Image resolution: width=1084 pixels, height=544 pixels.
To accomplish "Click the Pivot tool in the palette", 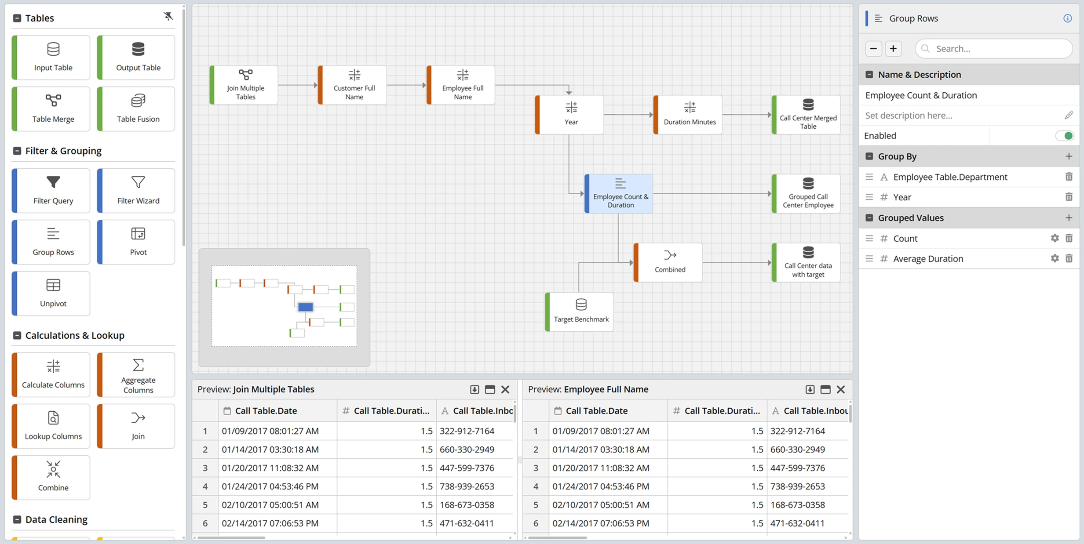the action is [x=136, y=242].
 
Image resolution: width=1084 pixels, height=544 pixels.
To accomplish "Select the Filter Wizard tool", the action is [x=136, y=191].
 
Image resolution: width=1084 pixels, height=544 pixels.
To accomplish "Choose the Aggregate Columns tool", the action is [x=136, y=375].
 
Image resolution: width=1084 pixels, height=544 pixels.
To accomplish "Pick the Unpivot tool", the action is [x=51, y=294].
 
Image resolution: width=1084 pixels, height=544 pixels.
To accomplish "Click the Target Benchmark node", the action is [x=579, y=312].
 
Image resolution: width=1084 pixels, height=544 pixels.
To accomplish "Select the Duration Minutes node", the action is [x=688, y=115].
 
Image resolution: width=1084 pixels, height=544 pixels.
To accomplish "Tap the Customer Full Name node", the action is [x=352, y=85].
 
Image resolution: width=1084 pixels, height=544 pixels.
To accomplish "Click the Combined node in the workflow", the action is [x=668, y=262].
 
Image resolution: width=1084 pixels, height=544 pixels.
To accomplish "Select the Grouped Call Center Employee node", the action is [x=806, y=194].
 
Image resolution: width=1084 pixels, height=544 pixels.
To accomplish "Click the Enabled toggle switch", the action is [x=1064, y=136].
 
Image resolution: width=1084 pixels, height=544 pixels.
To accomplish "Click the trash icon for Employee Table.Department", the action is [x=1069, y=177].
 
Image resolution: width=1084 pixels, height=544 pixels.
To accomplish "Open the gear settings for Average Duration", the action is [x=1055, y=258].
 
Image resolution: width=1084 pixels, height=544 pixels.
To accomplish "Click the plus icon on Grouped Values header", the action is [x=1069, y=218].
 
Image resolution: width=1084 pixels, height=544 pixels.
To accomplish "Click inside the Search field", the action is [x=994, y=48].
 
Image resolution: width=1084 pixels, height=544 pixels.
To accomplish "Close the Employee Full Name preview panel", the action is [x=841, y=389].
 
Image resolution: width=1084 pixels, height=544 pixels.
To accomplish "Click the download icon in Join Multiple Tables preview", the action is [x=474, y=389].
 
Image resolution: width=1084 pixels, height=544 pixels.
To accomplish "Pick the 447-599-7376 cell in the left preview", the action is [x=467, y=468].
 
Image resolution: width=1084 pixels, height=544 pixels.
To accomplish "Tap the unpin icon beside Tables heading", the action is [x=168, y=17].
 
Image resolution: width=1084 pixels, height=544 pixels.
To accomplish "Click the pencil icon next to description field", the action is [x=1069, y=115].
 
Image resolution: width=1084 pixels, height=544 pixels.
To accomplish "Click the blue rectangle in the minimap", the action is [x=306, y=307].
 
